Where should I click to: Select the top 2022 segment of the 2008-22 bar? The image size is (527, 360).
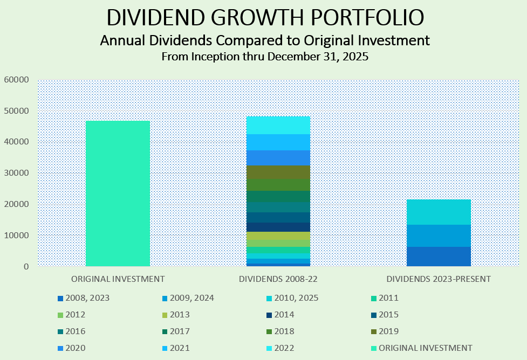(x=278, y=125)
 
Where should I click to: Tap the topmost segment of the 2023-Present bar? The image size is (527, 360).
(x=439, y=212)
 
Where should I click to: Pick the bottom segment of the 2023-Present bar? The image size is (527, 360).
(x=439, y=257)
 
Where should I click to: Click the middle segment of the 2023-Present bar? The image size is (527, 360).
(x=439, y=236)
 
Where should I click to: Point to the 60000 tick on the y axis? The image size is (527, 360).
(x=16, y=80)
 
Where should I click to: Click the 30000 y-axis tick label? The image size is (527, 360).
(x=16, y=173)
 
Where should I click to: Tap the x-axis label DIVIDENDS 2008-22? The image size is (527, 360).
(x=278, y=279)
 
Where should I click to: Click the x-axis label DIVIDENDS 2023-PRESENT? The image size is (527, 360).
(x=439, y=279)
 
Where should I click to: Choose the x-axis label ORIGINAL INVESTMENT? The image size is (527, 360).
(x=118, y=279)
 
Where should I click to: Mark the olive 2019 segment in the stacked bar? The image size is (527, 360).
(x=278, y=172)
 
